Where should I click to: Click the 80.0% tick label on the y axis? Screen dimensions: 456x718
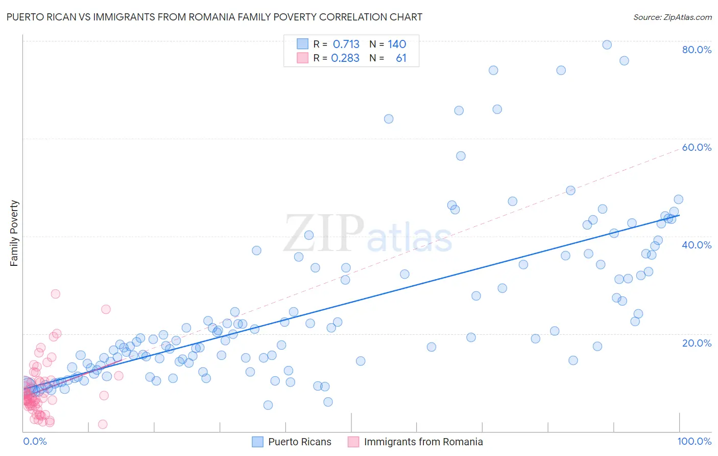(697, 50)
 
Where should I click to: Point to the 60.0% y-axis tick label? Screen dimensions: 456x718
(697, 147)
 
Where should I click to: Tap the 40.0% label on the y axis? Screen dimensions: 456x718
(697, 245)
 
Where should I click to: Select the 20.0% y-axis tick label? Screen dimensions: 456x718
(697, 343)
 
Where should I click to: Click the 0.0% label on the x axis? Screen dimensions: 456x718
(35, 441)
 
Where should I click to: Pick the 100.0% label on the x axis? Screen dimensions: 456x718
(694, 441)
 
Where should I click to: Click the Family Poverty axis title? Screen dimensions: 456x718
(14, 233)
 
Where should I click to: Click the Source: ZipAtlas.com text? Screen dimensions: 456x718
(672, 17)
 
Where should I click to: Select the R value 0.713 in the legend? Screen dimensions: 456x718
(346, 44)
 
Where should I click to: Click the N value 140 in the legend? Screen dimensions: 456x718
(397, 44)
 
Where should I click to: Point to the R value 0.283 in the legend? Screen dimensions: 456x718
(345, 58)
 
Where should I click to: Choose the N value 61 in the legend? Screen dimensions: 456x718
(401, 58)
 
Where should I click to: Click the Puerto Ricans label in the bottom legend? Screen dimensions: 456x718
(300, 442)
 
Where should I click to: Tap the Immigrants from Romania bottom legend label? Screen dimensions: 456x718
(423, 442)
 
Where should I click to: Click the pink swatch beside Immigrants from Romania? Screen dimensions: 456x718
(353, 442)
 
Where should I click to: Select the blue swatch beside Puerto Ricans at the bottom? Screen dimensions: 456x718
(258, 442)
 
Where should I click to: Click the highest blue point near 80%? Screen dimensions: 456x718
(607, 44)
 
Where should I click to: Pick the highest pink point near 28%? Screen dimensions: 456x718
(56, 294)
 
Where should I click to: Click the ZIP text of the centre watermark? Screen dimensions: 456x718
(324, 233)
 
